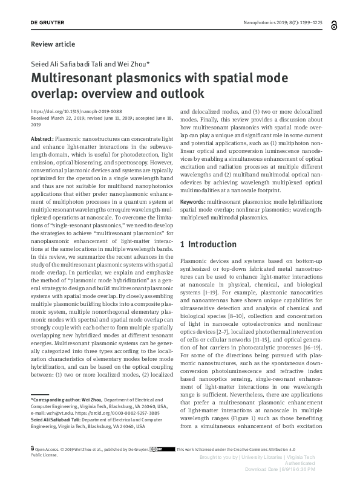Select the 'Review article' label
pyautogui.click(x=53, y=44)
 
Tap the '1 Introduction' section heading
pyautogui.click(x=209, y=244)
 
